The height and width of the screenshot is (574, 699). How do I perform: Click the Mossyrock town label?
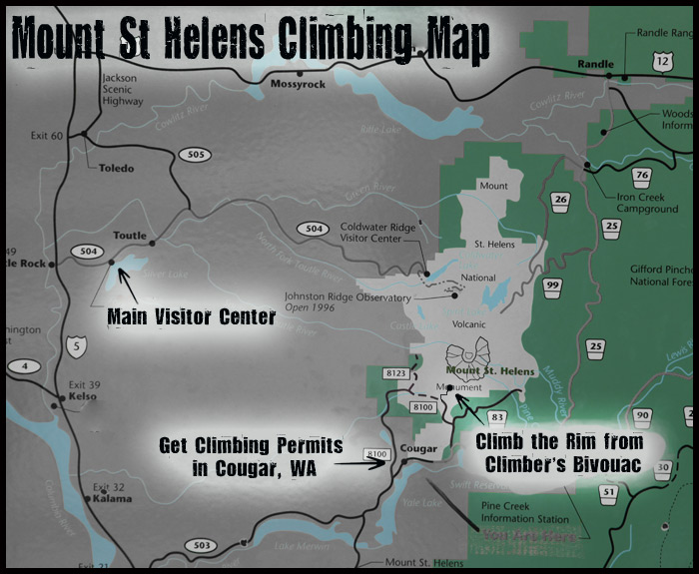tap(299, 84)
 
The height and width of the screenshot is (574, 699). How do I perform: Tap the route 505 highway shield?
tap(195, 154)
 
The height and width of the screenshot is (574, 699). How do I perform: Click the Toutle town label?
tap(131, 237)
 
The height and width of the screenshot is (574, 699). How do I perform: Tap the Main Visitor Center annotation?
tap(191, 318)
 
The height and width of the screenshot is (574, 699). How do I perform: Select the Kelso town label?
tap(83, 396)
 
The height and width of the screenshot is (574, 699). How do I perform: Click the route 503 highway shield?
tap(202, 545)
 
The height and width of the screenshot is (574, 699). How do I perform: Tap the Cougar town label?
tap(418, 448)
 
